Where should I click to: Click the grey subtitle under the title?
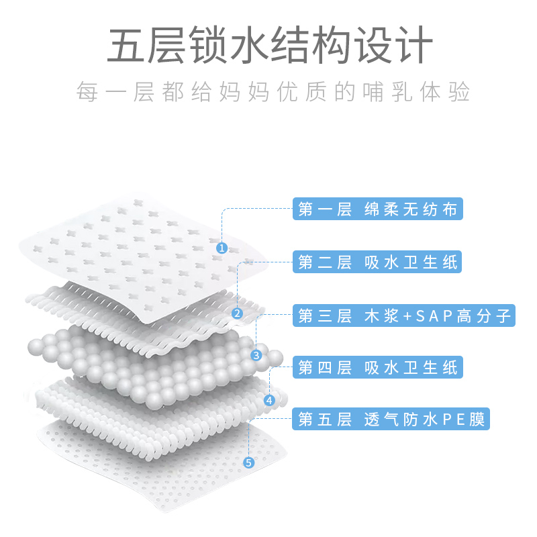click(268, 92)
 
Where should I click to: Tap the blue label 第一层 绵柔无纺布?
click(378, 209)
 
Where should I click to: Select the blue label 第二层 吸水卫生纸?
click(378, 262)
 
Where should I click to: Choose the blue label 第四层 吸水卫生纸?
click(378, 368)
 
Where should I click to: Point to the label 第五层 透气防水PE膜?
click(391, 421)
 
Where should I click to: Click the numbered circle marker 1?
click(222, 248)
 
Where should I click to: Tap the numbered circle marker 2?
click(237, 313)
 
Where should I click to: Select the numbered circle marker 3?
click(255, 355)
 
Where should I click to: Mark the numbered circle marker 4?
click(269, 401)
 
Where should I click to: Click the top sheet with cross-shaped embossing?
click(134, 248)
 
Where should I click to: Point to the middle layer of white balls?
click(148, 362)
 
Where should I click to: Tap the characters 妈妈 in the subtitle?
click(246, 92)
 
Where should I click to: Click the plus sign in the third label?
click(410, 315)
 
